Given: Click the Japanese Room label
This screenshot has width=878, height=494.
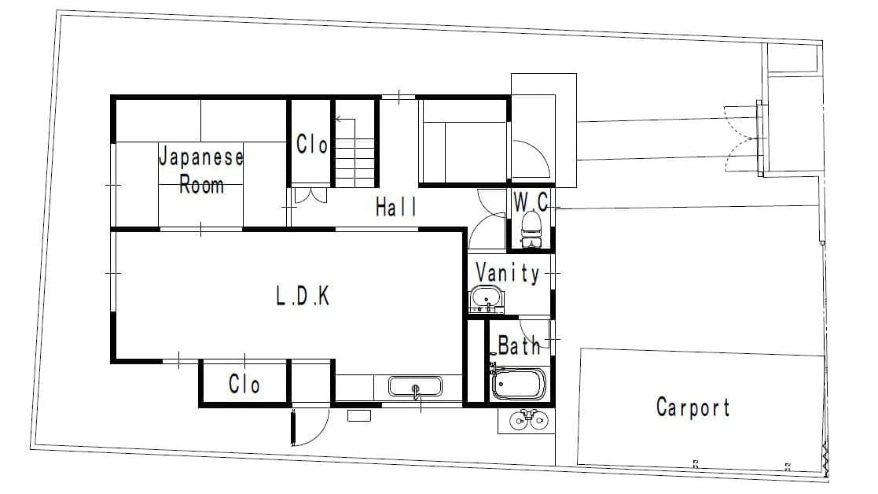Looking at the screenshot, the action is pos(201,170).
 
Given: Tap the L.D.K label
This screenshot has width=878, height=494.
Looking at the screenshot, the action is pos(303,296).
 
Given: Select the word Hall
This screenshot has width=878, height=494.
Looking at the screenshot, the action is pos(396,207).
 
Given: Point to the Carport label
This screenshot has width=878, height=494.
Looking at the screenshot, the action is pos(693,407).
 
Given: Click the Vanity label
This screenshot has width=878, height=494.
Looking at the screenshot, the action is pos(507,273).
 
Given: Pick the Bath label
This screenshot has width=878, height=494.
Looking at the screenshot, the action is pos(519,345).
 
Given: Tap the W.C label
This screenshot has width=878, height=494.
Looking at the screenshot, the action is pos(531,201).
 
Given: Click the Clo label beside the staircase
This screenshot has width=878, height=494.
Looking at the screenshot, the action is pos(312,145).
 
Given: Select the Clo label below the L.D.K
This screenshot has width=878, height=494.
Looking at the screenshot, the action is pos(244,384).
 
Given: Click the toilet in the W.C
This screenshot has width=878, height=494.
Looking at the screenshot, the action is pos(531,230).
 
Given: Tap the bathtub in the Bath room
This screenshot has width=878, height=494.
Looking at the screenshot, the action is pos(519,384).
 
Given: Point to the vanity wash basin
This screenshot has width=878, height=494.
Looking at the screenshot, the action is pos(486,298).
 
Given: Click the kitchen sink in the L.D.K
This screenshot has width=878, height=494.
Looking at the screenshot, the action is pos(415,386).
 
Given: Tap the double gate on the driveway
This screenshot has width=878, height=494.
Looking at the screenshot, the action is pos(743,139).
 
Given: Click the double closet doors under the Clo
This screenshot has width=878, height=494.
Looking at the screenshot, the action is pos(310,195).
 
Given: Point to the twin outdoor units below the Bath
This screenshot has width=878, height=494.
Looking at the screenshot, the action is pos(527,421).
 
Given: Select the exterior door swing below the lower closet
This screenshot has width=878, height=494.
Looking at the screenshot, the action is pos(310,427).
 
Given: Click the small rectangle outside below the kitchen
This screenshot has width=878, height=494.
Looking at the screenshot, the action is pos(359,415).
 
